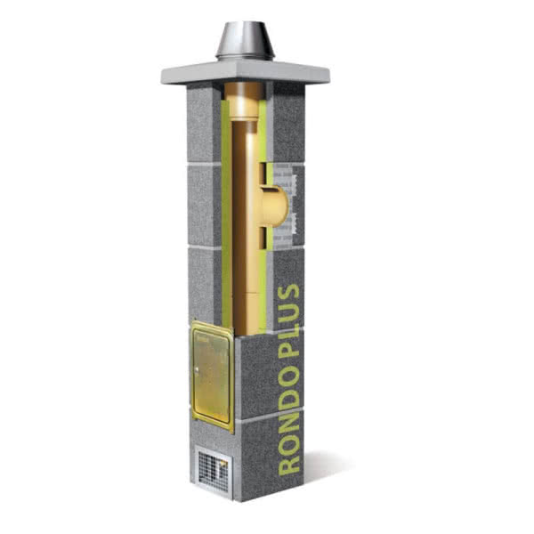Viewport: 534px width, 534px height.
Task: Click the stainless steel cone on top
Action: click(245, 41)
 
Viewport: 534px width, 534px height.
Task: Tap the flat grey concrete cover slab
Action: click(246, 74)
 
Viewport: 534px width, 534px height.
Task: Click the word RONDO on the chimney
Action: click(288, 417)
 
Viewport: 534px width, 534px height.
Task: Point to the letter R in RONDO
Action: click(288, 465)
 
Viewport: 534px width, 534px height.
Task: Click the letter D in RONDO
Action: click(288, 398)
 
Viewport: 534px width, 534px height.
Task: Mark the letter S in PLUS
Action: click(288, 292)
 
